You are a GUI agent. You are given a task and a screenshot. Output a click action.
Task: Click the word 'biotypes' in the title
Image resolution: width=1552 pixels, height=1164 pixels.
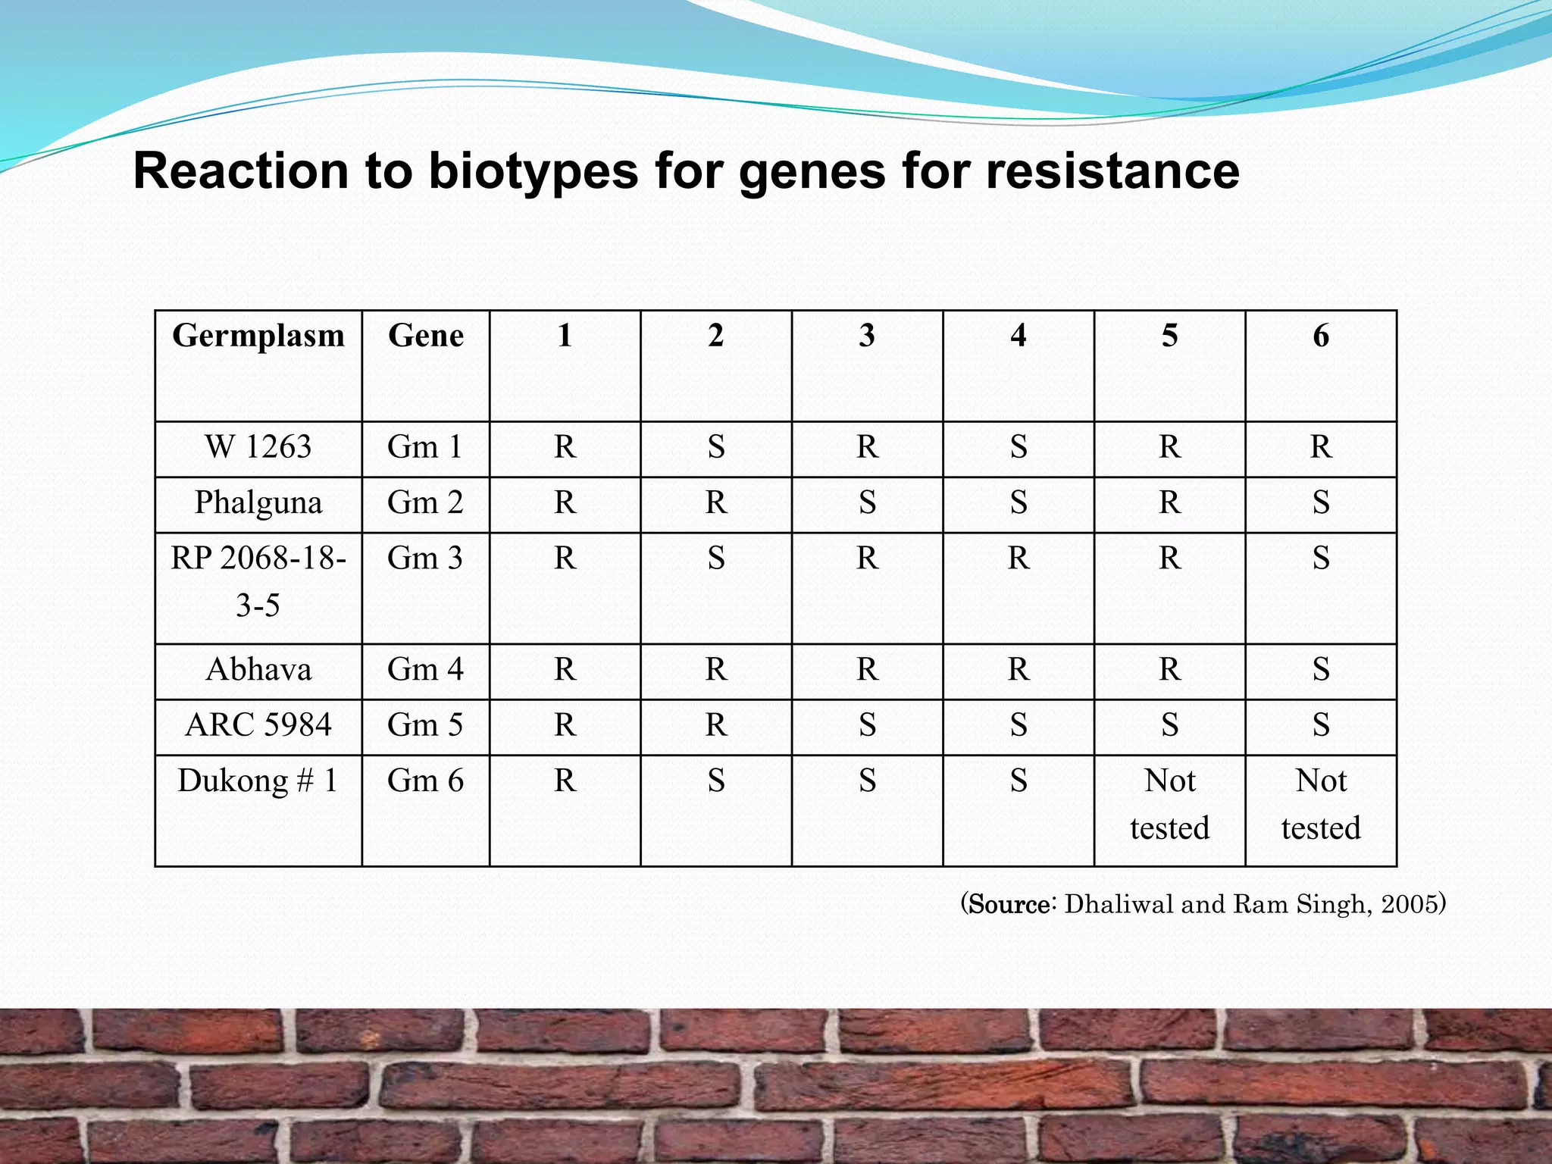tap(533, 171)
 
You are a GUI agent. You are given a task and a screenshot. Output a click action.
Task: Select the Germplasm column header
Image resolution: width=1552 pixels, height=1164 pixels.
tap(258, 336)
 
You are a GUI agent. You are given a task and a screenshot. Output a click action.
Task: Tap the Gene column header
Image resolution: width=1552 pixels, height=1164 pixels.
tap(425, 336)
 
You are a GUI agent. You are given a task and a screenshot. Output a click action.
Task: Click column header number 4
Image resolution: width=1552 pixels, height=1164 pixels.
tap(1018, 336)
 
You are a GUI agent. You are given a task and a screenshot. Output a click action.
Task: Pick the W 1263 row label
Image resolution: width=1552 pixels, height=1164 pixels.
tap(258, 447)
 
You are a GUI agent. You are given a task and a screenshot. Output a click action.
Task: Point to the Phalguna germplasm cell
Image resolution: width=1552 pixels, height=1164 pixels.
tap(258, 502)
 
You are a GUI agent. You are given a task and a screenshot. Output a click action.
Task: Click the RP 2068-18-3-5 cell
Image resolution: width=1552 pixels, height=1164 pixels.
tap(258, 581)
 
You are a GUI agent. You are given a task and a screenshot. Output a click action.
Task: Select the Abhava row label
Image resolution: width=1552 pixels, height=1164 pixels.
tap(258, 670)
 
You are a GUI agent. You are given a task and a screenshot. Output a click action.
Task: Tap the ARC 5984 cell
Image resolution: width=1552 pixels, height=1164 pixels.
tap(258, 725)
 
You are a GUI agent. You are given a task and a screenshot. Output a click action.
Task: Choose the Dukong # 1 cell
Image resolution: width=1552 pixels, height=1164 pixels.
tap(258, 781)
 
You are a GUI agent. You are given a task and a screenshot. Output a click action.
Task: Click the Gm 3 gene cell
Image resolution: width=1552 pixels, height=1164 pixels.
tap(425, 559)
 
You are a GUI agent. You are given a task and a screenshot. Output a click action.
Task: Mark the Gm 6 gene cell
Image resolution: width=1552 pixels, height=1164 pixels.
tap(425, 781)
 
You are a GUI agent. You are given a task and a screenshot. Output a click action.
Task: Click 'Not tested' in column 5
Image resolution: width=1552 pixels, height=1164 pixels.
tap(1169, 804)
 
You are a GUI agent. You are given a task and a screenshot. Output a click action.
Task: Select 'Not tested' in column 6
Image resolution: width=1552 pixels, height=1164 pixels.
tap(1321, 804)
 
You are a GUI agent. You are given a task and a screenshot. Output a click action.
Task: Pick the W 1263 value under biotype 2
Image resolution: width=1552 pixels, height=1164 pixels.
tap(716, 447)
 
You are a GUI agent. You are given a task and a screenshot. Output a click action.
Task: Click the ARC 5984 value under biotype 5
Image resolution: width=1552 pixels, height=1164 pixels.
tap(1169, 725)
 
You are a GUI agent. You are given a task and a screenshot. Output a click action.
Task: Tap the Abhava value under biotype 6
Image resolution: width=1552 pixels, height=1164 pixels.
tap(1321, 670)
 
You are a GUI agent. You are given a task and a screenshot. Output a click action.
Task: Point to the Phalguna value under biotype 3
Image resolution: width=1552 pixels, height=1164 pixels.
tap(867, 502)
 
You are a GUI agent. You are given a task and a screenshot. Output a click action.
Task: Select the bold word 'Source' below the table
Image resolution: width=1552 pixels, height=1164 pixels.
tap(1009, 904)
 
